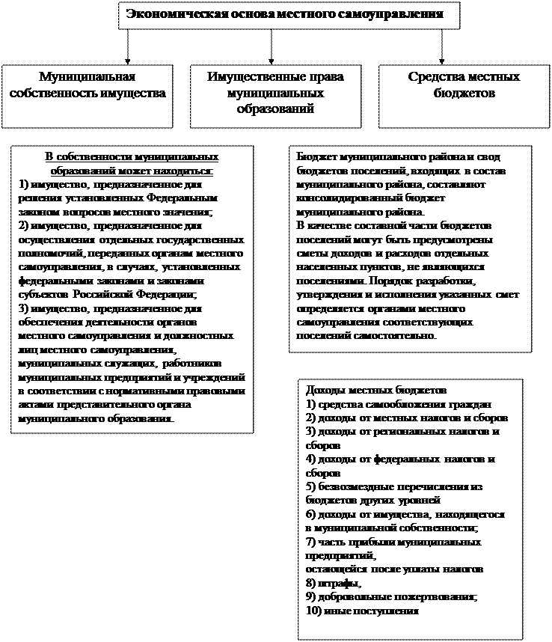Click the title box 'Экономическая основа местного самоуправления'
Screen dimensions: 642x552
tap(289, 15)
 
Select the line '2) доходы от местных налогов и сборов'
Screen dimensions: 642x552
tap(407, 418)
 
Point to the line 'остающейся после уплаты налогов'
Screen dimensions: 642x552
tap(390, 569)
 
